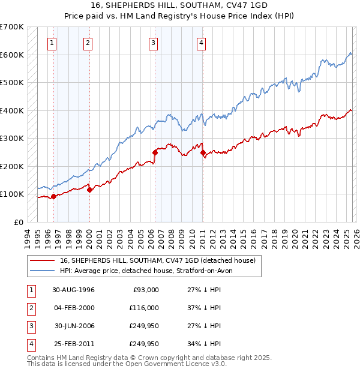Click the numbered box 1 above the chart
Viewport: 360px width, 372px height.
point(53,43)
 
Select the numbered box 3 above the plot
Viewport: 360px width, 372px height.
point(154,43)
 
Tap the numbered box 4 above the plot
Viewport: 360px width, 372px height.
point(201,43)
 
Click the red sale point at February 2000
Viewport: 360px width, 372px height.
point(89,190)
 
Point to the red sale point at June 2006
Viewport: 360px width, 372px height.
point(155,152)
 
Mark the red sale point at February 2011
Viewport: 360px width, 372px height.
point(203,152)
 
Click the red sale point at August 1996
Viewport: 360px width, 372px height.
point(54,196)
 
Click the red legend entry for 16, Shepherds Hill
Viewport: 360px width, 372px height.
point(158,260)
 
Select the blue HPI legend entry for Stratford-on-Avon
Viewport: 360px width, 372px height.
point(149,271)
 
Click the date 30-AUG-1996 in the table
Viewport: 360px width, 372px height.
point(74,289)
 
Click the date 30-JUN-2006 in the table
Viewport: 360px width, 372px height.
point(74,326)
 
